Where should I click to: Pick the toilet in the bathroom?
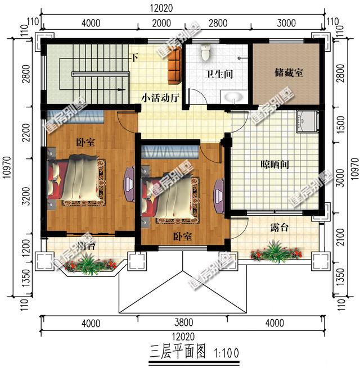click(205, 53)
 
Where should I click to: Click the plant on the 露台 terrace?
click(275, 251)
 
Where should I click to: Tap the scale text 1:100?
click(227, 352)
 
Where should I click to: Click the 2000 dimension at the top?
click(161, 23)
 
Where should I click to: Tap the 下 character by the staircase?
click(134, 57)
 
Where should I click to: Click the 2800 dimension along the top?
click(218, 23)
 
